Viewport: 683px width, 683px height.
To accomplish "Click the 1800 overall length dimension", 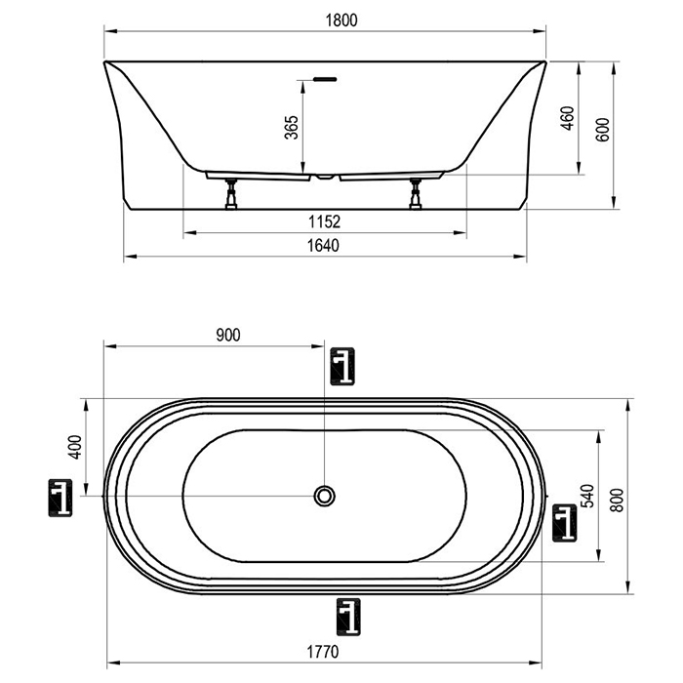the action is tap(341, 20).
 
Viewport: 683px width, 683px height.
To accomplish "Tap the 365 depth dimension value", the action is tap(292, 127).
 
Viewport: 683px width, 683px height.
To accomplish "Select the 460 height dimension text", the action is tap(568, 118).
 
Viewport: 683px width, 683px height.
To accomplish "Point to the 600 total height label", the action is tap(603, 130).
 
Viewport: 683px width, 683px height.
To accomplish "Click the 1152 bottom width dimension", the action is tap(325, 222).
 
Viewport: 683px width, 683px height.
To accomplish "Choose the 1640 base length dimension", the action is tap(323, 246).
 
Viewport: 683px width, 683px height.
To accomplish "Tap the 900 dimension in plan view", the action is tap(228, 335).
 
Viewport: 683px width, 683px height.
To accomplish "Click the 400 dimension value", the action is tap(75, 447).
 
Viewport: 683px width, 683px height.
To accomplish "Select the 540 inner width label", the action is tap(587, 496).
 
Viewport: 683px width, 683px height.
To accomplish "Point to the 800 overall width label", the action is tap(617, 500).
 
